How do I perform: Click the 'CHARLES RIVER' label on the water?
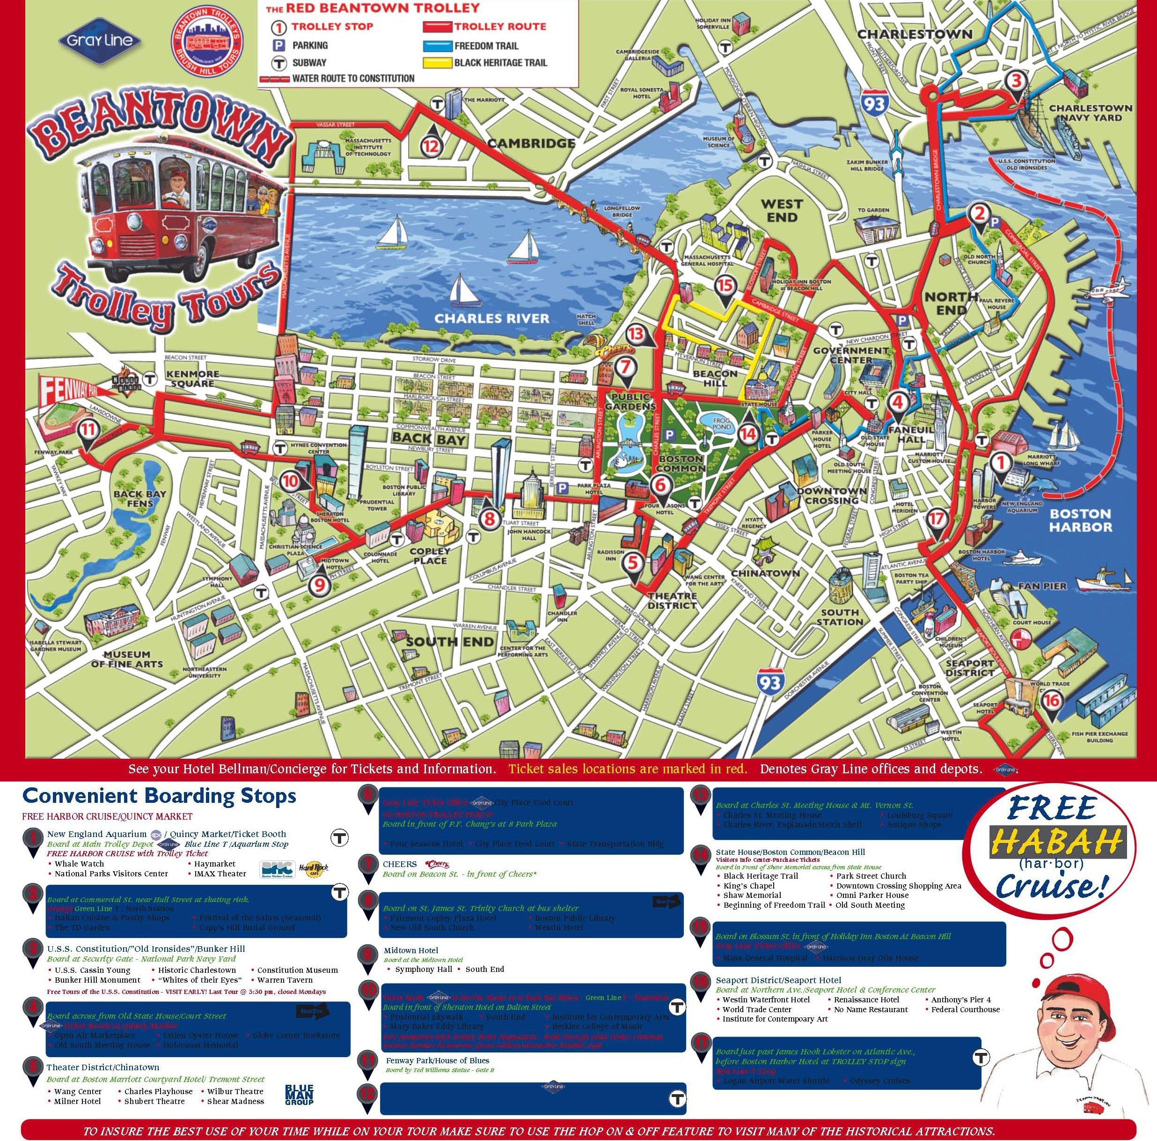coord(491,318)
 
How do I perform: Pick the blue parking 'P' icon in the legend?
coord(278,45)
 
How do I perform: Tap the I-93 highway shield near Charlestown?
coord(874,104)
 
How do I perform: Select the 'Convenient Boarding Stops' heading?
coord(159,796)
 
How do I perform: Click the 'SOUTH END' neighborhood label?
coord(450,642)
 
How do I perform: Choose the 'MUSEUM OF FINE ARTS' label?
coord(127,659)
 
